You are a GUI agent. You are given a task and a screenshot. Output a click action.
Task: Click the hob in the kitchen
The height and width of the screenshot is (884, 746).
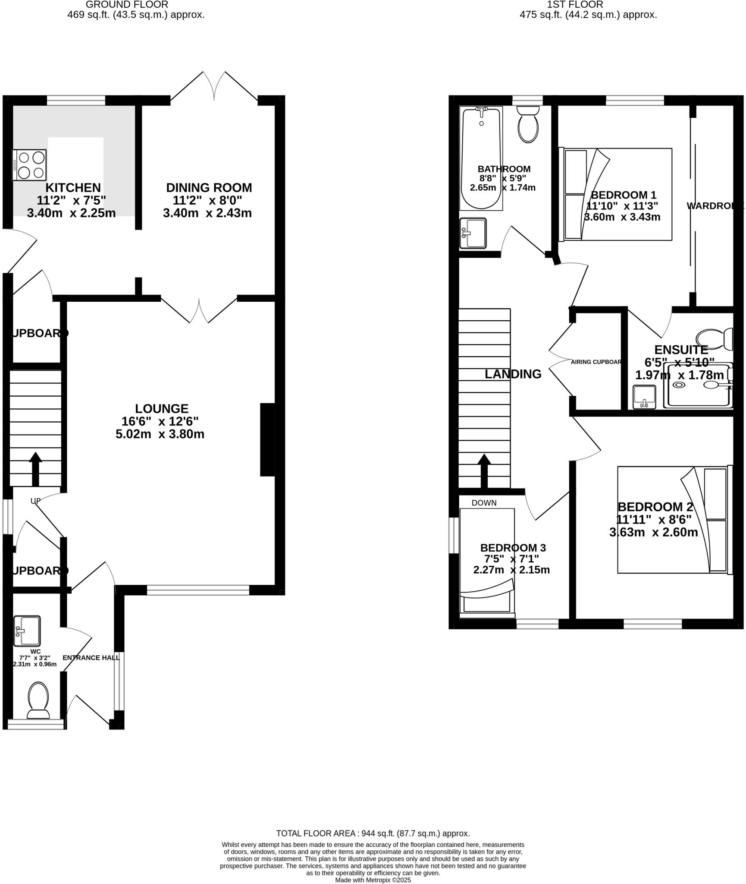[x=29, y=165]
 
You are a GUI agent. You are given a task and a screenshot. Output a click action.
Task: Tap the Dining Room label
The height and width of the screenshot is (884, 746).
[x=209, y=188]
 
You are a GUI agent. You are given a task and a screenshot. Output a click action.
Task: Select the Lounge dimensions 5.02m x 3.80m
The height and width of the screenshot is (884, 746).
[x=160, y=434]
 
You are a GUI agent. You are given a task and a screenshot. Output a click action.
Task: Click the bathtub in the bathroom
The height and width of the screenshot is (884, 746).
[x=482, y=158]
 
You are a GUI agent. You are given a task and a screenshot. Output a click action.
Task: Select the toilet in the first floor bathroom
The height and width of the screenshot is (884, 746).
[x=528, y=124]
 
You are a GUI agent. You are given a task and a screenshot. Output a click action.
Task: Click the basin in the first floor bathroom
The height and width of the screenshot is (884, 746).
[x=473, y=233]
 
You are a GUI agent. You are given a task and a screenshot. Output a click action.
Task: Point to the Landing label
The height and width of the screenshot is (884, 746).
[x=513, y=374]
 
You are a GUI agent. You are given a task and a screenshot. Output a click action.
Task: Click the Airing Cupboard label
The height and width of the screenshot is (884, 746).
[x=596, y=362]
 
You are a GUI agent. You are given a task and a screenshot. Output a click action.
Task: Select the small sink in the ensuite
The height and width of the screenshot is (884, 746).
[x=644, y=397]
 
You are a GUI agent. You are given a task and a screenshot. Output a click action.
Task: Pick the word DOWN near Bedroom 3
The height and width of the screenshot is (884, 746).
[x=484, y=503]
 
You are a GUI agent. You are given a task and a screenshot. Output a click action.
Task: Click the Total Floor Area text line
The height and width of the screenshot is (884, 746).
[x=373, y=833]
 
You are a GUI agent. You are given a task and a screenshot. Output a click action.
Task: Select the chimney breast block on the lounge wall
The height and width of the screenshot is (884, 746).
[x=267, y=439]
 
